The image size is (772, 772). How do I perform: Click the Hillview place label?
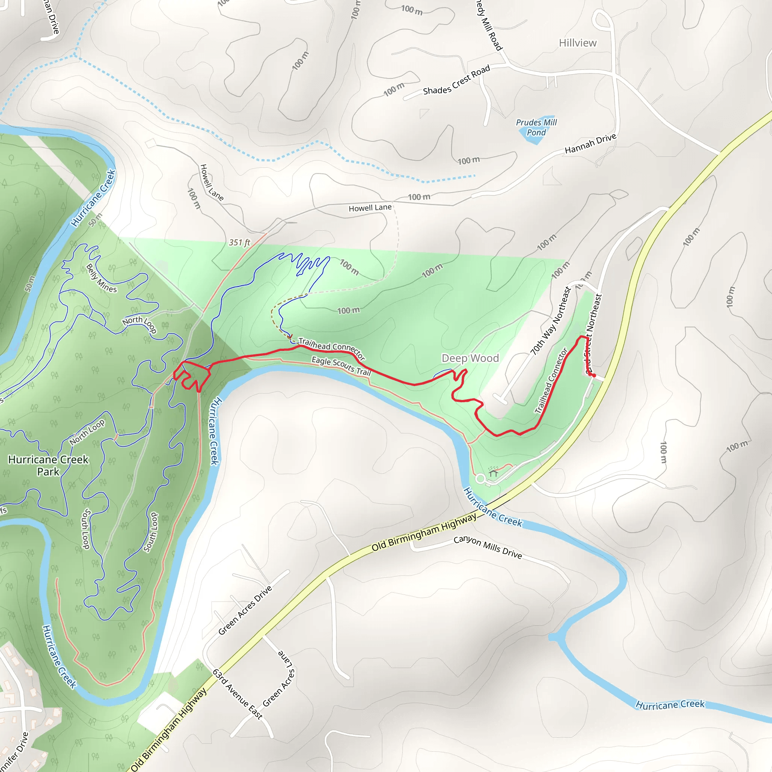point(577,43)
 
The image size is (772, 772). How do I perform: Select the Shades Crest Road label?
point(456,81)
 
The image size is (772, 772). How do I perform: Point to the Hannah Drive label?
point(590,144)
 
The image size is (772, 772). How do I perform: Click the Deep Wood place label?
point(470,358)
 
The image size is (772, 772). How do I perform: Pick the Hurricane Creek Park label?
point(48,466)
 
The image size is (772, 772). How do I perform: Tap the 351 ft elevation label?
point(239,242)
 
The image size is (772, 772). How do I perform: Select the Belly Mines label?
point(101,279)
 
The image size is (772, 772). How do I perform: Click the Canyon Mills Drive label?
point(487,547)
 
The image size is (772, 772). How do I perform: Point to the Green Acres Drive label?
point(245,610)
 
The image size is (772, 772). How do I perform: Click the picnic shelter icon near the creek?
point(493,473)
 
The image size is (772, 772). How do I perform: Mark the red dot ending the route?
point(594,375)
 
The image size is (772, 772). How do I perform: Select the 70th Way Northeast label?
point(551,321)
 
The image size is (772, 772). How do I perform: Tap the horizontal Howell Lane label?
point(370,208)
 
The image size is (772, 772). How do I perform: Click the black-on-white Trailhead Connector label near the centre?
point(332,348)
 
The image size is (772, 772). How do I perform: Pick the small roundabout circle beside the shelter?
point(481,479)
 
